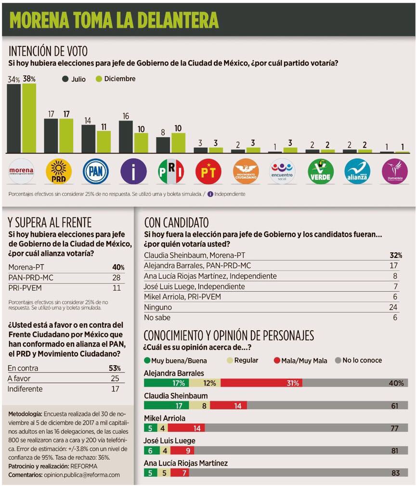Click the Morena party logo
tap(21, 171)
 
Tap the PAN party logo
tap(96, 171)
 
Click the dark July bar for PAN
tap(89, 139)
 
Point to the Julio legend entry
tap(74, 79)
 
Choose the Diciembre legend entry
tap(115, 79)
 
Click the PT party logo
tap(208, 171)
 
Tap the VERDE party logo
tap(320, 171)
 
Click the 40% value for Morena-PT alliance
tap(118, 267)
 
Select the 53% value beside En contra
tap(115, 368)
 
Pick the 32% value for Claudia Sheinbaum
tap(396, 255)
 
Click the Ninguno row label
tap(158, 307)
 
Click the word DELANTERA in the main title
tap(178, 20)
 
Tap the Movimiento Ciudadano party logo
tap(246, 171)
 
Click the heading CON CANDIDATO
tap(176, 222)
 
